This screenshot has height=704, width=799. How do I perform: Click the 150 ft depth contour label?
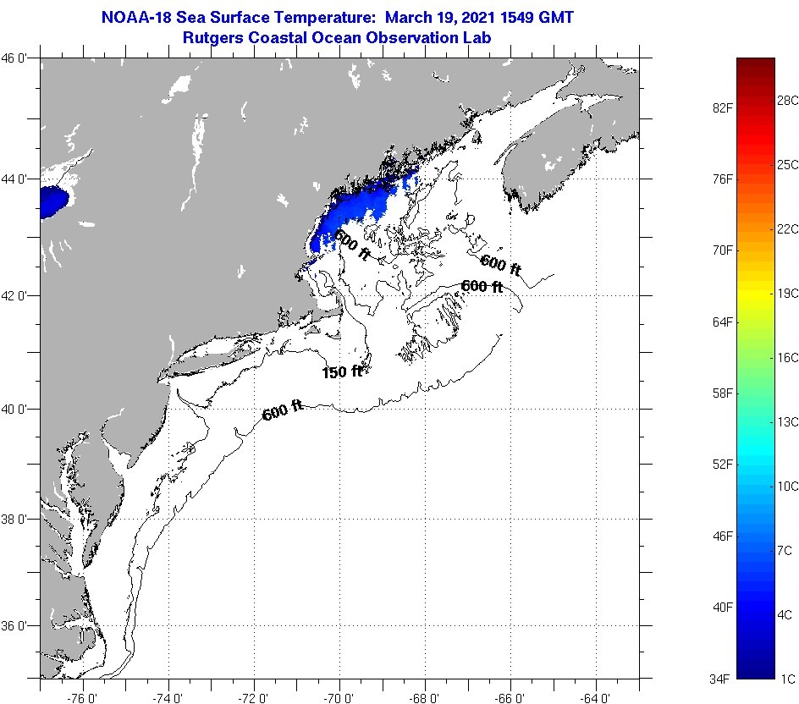coord(342,371)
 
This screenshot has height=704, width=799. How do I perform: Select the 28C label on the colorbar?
coord(788,100)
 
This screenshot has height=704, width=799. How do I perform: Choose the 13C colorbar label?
coord(788,421)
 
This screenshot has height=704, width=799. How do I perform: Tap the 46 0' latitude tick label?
coord(19,58)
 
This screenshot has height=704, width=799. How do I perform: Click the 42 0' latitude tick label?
coord(19,295)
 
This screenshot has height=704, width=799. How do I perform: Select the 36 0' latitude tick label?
coord(19,626)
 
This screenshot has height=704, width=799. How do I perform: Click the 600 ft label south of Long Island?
coord(283,412)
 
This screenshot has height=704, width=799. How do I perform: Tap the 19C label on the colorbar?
coord(788,293)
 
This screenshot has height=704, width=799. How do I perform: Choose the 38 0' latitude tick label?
coord(19,519)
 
